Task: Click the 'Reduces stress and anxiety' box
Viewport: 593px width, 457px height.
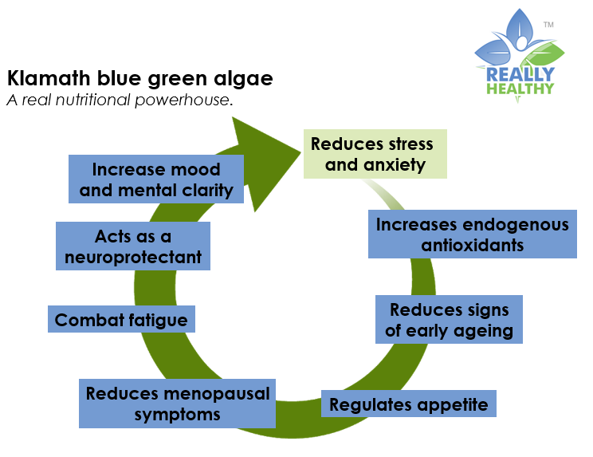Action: (x=375, y=154)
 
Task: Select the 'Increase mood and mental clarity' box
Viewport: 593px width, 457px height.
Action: (x=155, y=179)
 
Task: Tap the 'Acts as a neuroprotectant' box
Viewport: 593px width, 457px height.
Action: (x=133, y=246)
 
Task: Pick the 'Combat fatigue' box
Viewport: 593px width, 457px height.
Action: (x=121, y=319)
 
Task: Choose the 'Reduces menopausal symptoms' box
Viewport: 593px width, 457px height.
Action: (x=177, y=404)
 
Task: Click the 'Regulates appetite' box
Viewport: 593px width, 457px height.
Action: (x=408, y=404)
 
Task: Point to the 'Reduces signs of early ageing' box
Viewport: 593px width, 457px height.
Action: (x=449, y=319)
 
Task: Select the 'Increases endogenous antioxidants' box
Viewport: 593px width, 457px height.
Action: (x=473, y=234)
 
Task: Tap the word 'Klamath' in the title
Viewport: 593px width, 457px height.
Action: (x=49, y=78)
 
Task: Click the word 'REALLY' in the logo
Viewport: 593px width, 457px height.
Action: (x=520, y=74)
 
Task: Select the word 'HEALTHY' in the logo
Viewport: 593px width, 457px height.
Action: (x=520, y=89)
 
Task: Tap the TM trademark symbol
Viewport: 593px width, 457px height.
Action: (x=548, y=25)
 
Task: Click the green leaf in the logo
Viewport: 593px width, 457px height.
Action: (x=544, y=56)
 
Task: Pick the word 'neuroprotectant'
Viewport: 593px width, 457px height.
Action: (x=133, y=258)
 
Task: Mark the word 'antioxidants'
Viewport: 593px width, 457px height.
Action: (x=473, y=245)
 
